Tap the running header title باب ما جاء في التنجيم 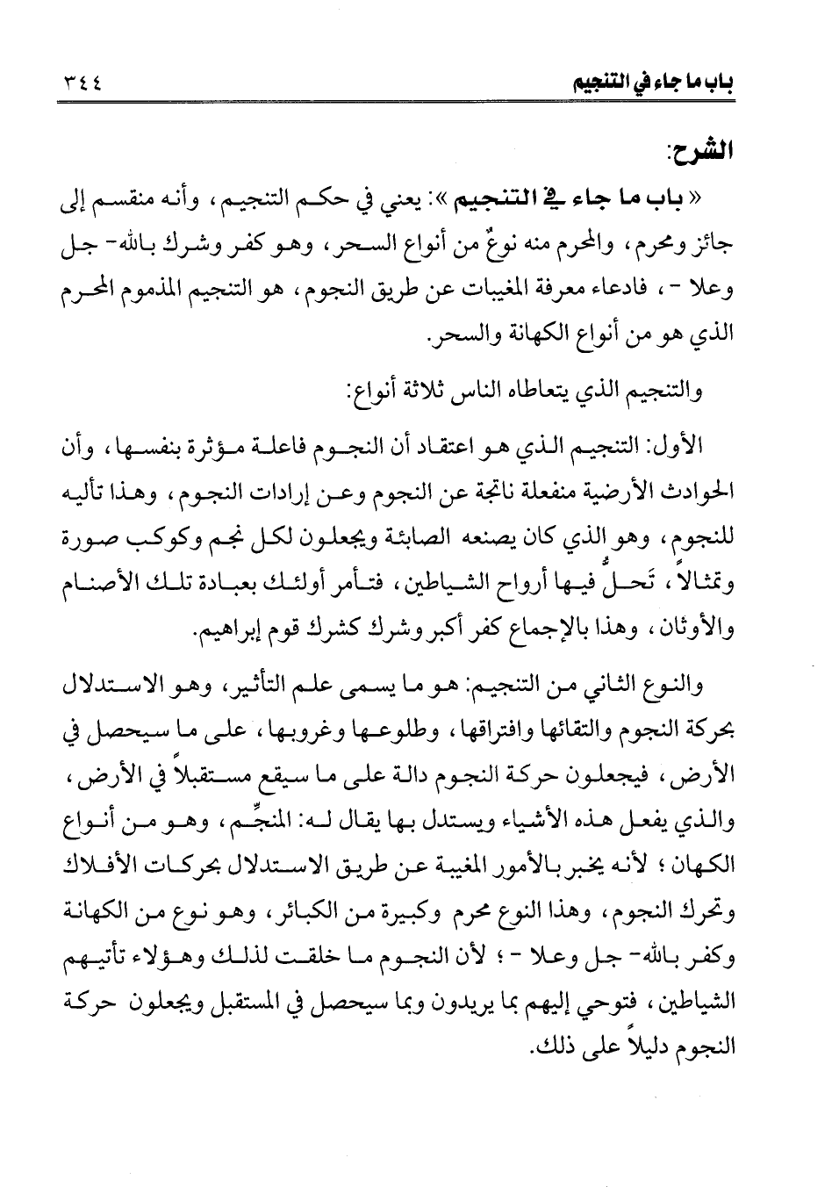point(648,84)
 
